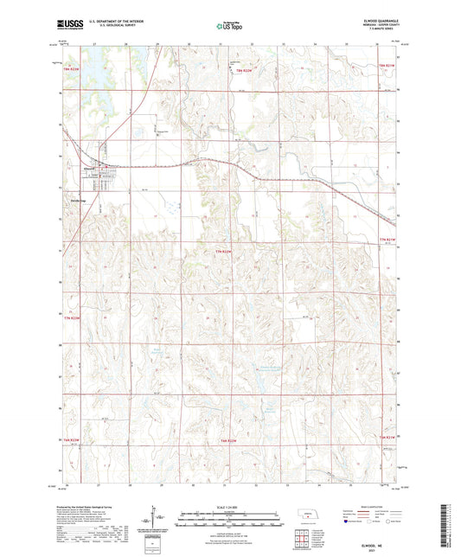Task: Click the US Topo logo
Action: tap(229, 27)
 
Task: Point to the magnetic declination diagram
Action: tap(157, 518)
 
